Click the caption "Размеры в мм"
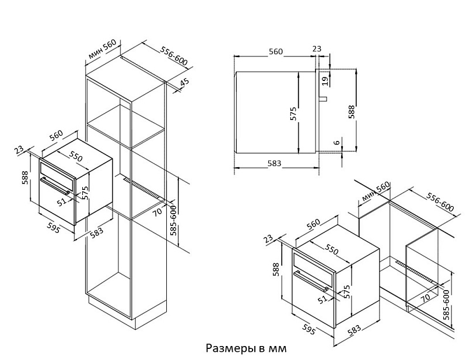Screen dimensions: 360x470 coord(246,348)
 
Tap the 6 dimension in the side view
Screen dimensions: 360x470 coord(336,142)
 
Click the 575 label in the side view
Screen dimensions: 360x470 coord(293,113)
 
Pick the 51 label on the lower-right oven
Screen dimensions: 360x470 coord(322,300)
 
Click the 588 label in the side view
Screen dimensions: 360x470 coord(350,112)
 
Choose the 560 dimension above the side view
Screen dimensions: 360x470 coord(275,51)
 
